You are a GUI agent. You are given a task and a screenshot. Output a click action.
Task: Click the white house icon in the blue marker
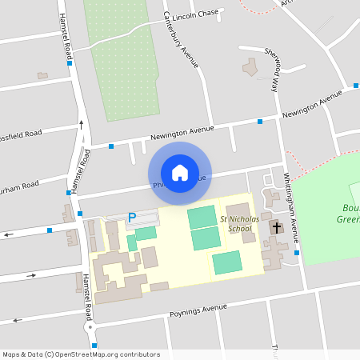179,172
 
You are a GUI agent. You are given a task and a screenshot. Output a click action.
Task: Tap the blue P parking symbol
133,217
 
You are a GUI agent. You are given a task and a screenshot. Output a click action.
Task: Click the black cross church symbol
277,228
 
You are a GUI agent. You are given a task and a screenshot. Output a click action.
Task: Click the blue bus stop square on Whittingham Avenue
297,253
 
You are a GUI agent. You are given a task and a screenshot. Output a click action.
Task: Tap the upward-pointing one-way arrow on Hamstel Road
80,125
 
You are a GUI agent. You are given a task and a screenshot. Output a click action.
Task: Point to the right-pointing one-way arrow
32,276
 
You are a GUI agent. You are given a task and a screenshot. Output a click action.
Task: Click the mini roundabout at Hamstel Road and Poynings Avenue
90,327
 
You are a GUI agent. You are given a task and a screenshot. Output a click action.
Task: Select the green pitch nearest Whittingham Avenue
227,262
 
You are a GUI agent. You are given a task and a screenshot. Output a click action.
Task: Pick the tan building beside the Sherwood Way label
251,69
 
